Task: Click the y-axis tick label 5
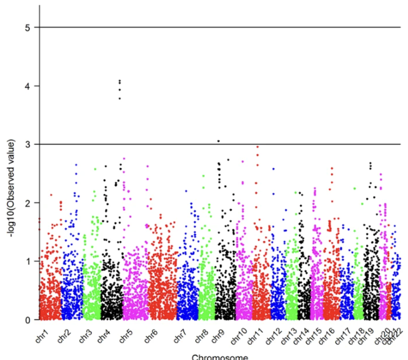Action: (28, 27)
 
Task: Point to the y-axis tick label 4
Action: (28, 86)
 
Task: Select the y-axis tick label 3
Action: (28, 144)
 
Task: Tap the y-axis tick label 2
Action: (28, 203)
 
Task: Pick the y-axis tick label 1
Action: (28, 261)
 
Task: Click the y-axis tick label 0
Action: (28, 320)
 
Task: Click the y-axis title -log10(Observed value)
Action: (12, 188)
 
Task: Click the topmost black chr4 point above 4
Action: (120, 81)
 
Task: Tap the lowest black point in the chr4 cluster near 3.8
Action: (120, 99)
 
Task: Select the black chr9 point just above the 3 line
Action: (218, 141)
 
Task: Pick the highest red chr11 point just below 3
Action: (258, 147)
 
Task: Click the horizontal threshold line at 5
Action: (261, 27)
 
